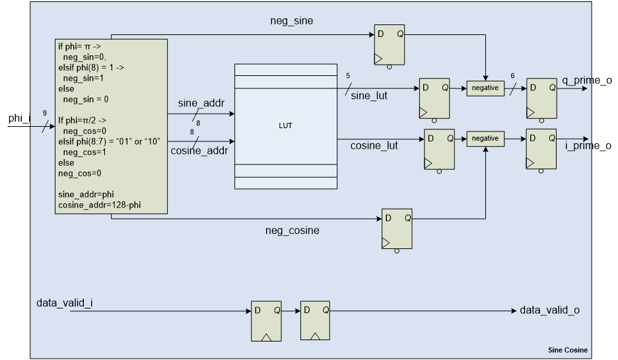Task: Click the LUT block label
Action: (x=286, y=126)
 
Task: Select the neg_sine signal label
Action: (x=291, y=21)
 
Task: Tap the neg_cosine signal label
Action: (x=292, y=231)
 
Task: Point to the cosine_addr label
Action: (x=199, y=151)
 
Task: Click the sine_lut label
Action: (x=369, y=96)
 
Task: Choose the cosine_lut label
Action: (x=374, y=146)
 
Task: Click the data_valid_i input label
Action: (x=64, y=303)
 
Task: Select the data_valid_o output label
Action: (x=549, y=310)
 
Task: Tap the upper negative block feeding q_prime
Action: (x=485, y=88)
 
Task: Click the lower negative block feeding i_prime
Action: (x=485, y=139)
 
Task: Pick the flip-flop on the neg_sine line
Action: (x=390, y=45)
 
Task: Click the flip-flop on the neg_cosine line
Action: (x=397, y=229)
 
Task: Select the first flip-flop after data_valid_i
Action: (x=266, y=320)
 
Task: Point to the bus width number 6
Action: (x=512, y=76)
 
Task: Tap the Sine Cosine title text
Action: (x=567, y=350)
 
